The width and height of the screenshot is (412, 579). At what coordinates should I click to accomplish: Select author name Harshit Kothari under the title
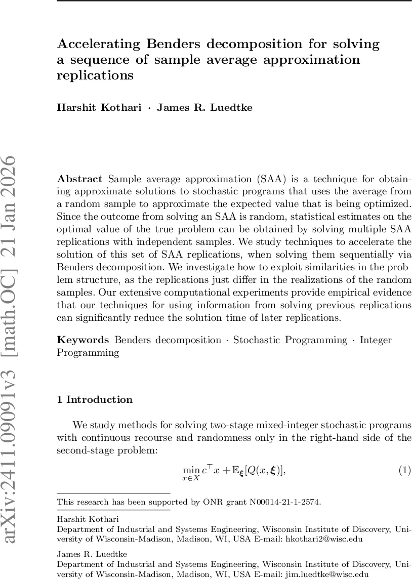pyautogui.click(x=99, y=108)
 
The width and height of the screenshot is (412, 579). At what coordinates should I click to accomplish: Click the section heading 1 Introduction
pyautogui.click(x=95, y=400)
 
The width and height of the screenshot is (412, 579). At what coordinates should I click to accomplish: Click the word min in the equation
pyautogui.click(x=191, y=471)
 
